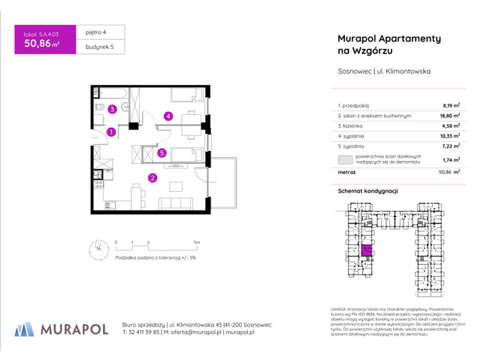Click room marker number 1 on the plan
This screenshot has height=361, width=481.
[110, 132]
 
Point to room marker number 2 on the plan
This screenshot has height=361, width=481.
[152, 178]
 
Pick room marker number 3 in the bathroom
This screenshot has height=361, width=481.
[111, 110]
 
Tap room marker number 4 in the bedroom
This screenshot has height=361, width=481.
[169, 116]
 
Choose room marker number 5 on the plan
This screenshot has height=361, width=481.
[162, 153]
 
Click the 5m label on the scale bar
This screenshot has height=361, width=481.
[196, 242]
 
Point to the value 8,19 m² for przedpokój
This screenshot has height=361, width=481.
[451, 106]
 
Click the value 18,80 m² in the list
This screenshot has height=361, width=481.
[449, 117]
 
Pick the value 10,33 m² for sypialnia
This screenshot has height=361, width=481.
[449, 138]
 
